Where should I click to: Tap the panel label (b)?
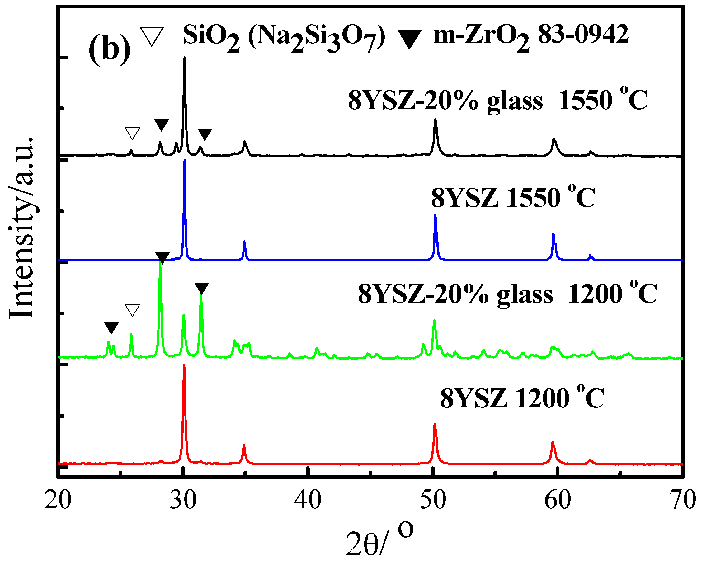(109, 49)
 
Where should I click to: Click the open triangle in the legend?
(152, 36)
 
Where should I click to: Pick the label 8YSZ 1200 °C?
(522, 398)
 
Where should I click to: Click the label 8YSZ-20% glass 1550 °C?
(497, 100)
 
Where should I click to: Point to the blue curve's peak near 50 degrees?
(435, 216)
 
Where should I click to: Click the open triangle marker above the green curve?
(133, 310)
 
